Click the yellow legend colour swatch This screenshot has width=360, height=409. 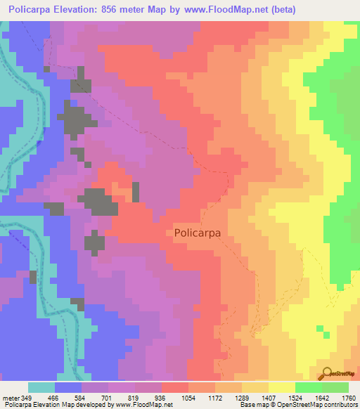coord(282,387)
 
